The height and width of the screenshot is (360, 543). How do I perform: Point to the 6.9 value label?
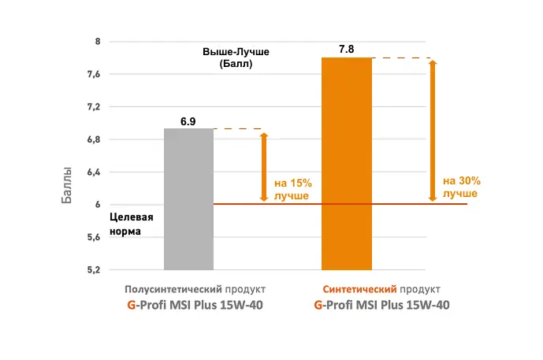(x=188, y=121)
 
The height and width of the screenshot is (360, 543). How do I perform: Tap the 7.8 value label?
(x=346, y=50)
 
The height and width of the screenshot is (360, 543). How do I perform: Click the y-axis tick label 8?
(x=97, y=41)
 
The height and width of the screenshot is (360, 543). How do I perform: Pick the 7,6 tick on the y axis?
(x=93, y=74)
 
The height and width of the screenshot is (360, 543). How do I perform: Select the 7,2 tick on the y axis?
(x=93, y=106)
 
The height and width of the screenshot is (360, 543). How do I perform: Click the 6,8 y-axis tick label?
(x=93, y=139)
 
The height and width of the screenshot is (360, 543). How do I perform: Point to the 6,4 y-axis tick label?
(x=93, y=172)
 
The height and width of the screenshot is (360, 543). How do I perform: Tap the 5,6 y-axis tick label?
(x=93, y=237)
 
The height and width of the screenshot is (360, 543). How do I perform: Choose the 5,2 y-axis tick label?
(x=93, y=270)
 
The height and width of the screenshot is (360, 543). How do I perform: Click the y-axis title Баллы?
(x=67, y=185)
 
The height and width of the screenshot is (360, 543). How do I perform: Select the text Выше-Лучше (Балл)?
(x=236, y=58)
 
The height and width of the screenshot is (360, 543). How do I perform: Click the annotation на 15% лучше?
(x=292, y=189)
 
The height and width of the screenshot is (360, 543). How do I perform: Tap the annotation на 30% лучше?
(x=460, y=186)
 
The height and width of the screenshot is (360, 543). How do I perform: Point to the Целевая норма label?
(x=131, y=224)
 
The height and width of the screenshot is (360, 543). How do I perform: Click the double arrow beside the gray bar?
(x=264, y=167)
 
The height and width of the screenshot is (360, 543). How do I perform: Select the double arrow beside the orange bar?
(x=433, y=131)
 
